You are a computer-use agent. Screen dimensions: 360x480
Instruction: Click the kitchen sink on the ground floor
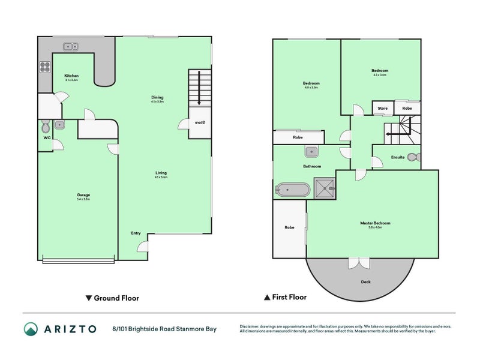72,46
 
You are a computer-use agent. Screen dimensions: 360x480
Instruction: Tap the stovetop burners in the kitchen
45,67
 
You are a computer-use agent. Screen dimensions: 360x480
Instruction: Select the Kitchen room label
71,77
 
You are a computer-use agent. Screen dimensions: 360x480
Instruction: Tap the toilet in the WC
46,127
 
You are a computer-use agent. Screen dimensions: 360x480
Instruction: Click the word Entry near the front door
136,233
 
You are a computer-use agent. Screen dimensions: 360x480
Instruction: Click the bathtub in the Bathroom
292,190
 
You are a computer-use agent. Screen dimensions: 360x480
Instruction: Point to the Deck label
365,282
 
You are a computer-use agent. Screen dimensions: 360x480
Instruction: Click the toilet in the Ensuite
413,157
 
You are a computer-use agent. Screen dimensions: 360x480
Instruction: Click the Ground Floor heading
112,298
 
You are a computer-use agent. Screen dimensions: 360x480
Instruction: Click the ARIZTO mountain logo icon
31,329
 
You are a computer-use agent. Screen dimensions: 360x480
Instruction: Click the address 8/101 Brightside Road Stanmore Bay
163,329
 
